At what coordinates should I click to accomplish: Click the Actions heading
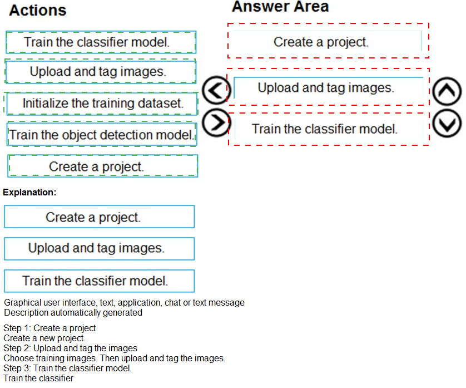[x=38, y=11]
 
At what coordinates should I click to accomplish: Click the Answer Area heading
[x=280, y=7]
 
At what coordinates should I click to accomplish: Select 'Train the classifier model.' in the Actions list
[x=101, y=42]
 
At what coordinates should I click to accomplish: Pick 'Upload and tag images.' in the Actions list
[x=101, y=71]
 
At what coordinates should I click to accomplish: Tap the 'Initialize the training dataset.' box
[x=102, y=104]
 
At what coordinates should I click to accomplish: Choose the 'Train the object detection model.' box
[x=102, y=135]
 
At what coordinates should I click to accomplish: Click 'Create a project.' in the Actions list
[x=102, y=166]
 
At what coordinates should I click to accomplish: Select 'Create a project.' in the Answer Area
[x=328, y=41]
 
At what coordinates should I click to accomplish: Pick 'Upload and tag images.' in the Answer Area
[x=329, y=88]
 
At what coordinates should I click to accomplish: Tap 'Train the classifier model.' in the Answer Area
[x=329, y=129]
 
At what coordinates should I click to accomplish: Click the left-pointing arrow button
[x=216, y=90]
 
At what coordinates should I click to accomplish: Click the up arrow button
[x=447, y=92]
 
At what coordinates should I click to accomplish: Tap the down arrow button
[x=447, y=124]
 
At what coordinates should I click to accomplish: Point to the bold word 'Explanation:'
[x=29, y=192]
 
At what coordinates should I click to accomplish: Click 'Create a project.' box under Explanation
[x=100, y=217]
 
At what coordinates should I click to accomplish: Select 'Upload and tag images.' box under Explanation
[x=100, y=249]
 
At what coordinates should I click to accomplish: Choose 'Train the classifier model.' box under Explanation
[x=100, y=281]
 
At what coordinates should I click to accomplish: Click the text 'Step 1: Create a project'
[x=49, y=328]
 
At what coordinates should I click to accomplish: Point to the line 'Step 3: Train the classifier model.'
[x=67, y=369]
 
